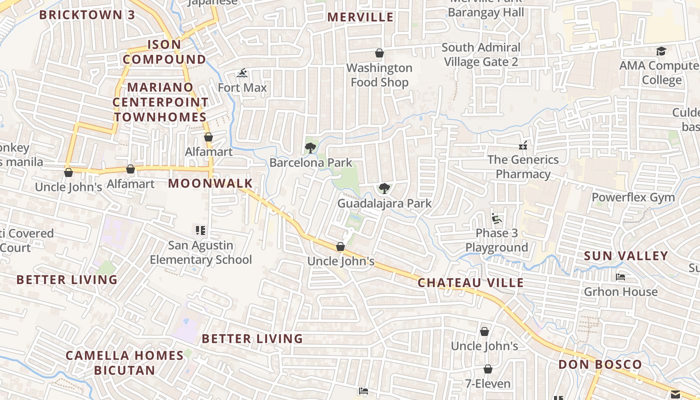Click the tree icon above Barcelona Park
310,147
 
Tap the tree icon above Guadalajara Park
384,188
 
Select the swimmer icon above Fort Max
242,73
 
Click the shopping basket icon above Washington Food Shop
379,53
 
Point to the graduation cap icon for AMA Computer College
661,51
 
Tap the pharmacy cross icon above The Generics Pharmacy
523,145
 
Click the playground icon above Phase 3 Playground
496,218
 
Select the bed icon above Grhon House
620,276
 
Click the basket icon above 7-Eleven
487,369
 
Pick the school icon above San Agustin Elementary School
200,230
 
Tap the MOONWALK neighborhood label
210,183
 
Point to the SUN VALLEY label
626,256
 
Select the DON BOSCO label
599,364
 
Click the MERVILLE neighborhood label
360,17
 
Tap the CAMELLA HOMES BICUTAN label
125,363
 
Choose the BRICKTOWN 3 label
87,14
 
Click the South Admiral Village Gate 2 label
481,54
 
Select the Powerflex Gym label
633,197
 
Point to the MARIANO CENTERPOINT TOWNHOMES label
160,102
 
